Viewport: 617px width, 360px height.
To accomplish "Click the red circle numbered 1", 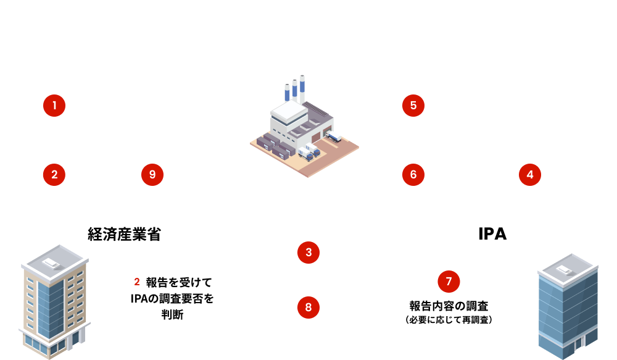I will (x=54, y=106).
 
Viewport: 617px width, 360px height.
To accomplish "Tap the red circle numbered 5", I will (x=413, y=106).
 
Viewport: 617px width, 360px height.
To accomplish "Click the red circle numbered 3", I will (x=308, y=252).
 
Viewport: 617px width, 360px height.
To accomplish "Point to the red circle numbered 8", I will (x=308, y=306).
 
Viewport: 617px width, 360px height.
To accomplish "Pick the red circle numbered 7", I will (x=449, y=282).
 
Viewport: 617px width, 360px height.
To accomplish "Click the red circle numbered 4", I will (x=529, y=175).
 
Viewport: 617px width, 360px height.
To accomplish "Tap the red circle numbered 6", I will (x=413, y=175).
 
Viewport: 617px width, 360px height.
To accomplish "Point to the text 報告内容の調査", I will (x=449, y=306).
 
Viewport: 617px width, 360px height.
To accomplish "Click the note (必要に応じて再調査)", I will (x=449, y=320).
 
